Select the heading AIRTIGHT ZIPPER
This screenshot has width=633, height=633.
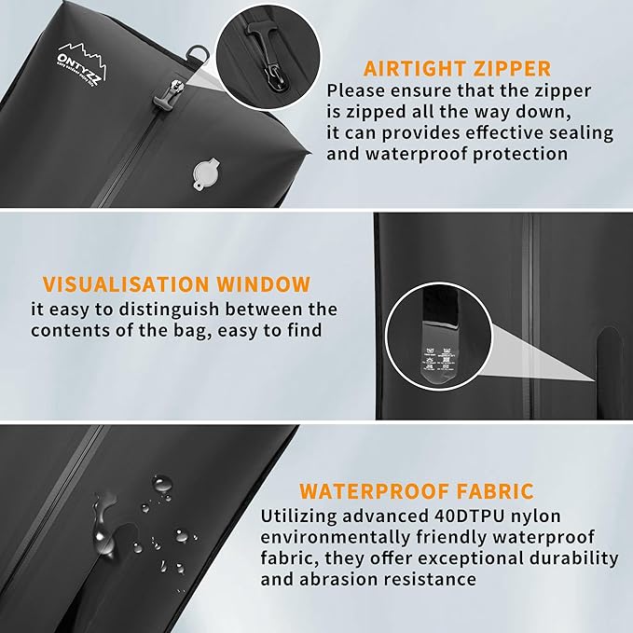457,68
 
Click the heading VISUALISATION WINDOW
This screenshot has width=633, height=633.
176,283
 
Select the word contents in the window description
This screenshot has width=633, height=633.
72,331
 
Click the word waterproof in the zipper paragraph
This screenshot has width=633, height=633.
415,155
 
